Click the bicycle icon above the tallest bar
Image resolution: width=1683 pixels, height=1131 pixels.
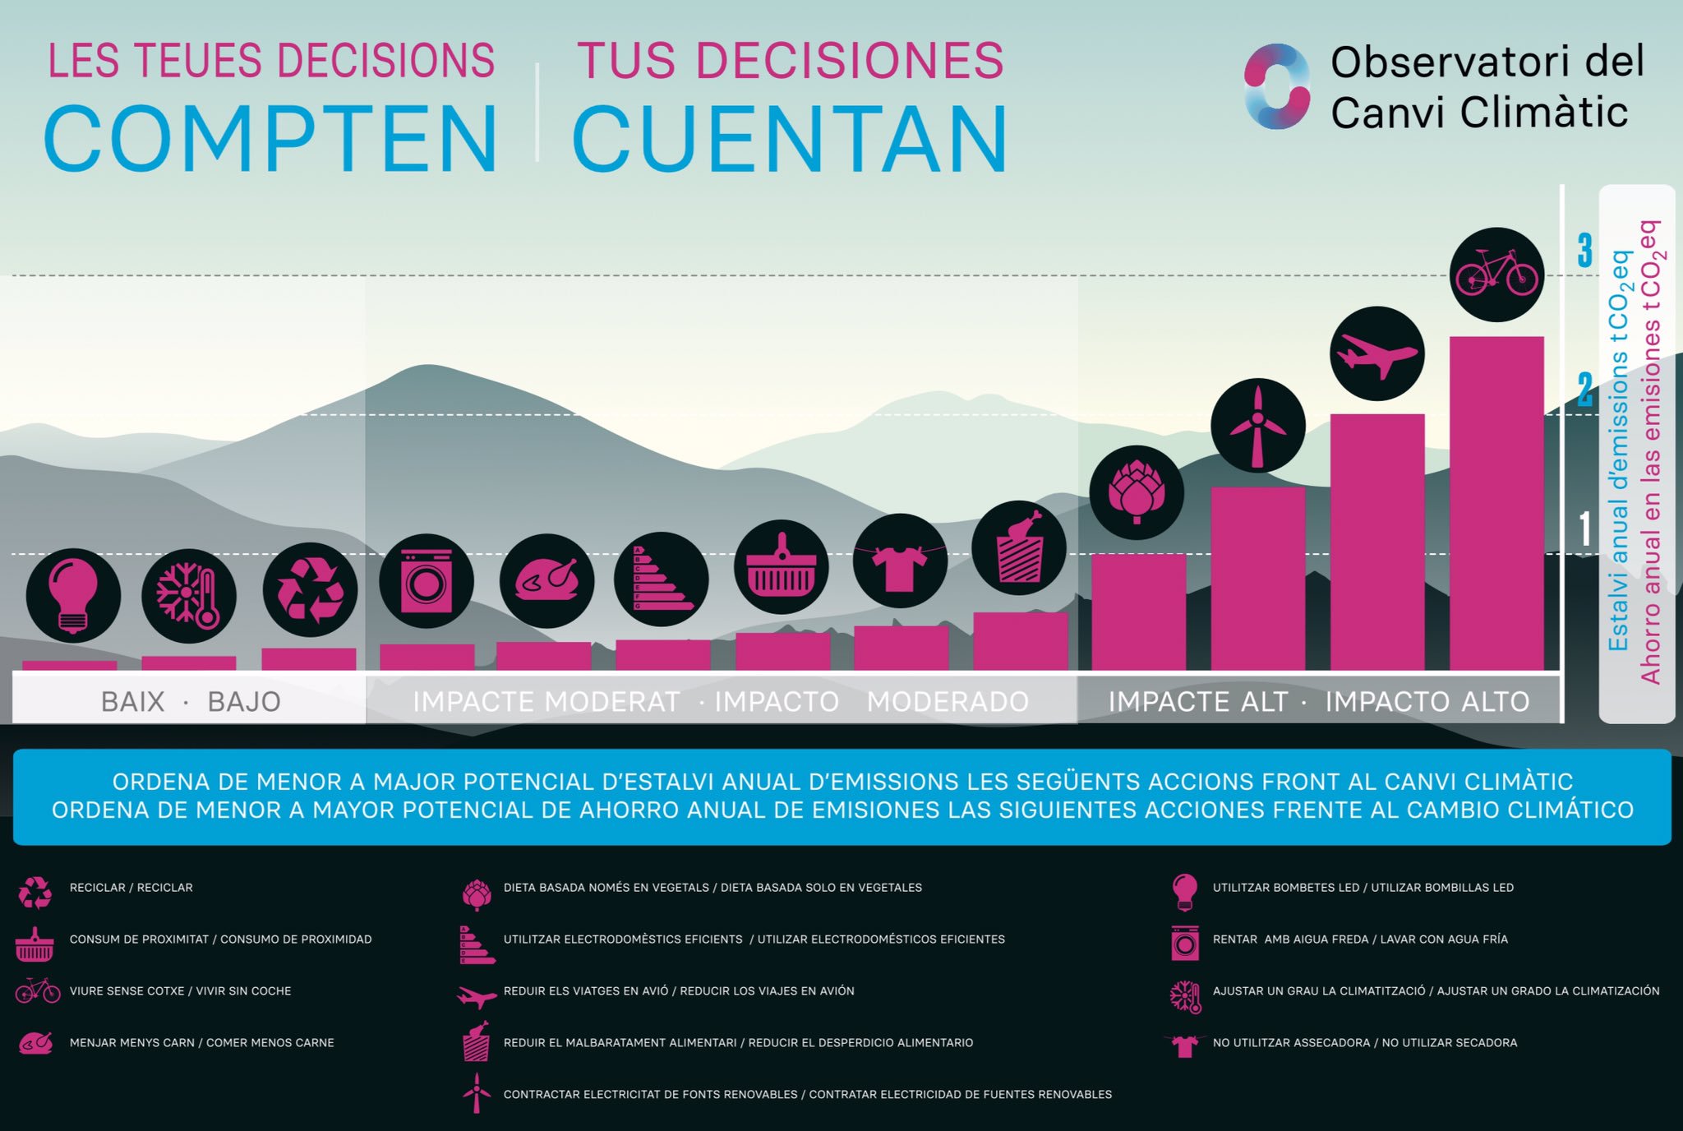point(1496,275)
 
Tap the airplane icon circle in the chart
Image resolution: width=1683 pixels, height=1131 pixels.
point(1376,353)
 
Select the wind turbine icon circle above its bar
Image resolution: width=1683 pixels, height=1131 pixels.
point(1257,425)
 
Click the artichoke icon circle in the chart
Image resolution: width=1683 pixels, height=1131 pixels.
point(1137,492)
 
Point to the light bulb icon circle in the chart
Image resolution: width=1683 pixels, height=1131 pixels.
point(73,595)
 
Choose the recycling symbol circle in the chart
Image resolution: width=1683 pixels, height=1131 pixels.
point(310,589)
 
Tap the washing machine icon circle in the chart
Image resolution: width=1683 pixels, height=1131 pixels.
point(427,581)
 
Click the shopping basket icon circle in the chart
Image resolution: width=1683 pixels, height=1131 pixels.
point(781,566)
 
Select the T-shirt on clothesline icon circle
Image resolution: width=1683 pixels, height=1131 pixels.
point(900,561)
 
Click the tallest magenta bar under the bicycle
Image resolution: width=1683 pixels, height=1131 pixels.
point(1496,503)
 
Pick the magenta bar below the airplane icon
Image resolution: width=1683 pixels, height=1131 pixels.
point(1376,542)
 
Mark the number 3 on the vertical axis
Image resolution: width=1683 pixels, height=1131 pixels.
point(1584,250)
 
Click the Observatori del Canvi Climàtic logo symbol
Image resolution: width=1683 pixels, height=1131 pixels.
point(1276,86)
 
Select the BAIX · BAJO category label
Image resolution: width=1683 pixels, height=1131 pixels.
point(190,701)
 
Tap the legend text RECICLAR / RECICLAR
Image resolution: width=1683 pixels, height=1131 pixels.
point(131,888)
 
